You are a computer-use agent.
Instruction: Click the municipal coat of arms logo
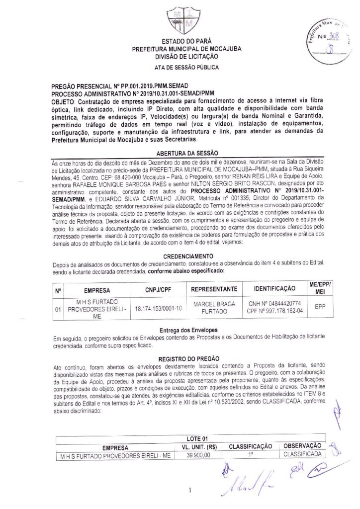pos(180,20)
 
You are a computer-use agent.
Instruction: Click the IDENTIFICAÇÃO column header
pos(269,289)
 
